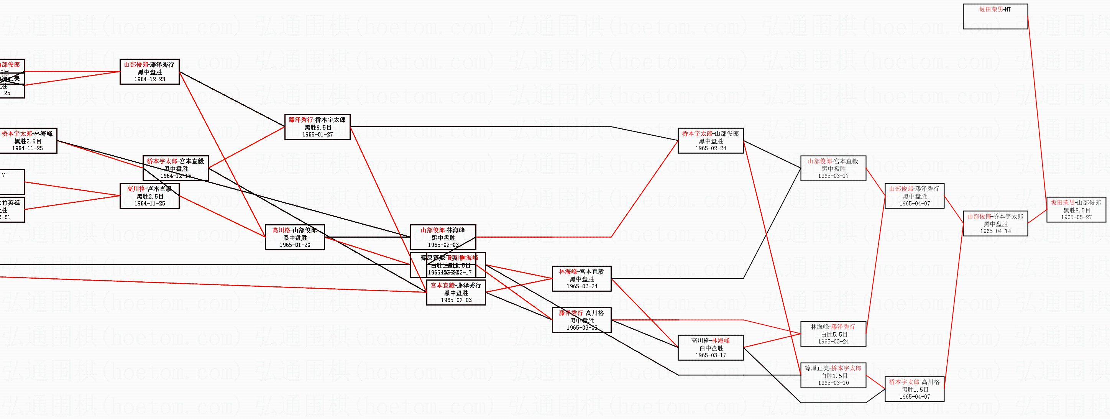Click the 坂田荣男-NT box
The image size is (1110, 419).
pos(995,16)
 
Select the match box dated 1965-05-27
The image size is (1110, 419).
pos(1076,210)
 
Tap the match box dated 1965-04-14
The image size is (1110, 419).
pos(995,224)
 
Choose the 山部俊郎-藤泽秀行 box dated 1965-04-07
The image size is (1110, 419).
pos(915,196)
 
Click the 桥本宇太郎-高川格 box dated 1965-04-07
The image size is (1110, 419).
pos(915,389)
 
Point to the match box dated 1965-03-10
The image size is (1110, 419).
pos(833,375)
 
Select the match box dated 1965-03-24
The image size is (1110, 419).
pos(833,334)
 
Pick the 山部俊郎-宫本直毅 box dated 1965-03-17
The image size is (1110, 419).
pos(833,169)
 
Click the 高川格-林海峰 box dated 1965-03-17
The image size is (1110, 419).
pos(711,348)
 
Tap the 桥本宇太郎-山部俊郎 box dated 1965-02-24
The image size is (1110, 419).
pos(711,141)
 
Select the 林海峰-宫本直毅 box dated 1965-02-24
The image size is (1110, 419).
pos(581,279)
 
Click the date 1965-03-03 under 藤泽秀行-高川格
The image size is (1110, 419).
pos(581,328)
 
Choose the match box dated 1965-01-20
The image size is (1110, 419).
pos(295,238)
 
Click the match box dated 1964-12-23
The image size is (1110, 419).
pos(149,72)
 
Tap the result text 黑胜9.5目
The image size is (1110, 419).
pos(318,128)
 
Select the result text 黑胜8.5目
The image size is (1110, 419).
pos(1076,210)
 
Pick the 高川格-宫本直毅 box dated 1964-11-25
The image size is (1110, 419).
pos(149,196)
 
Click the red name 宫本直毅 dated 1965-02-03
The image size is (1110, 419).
pos(443,285)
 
